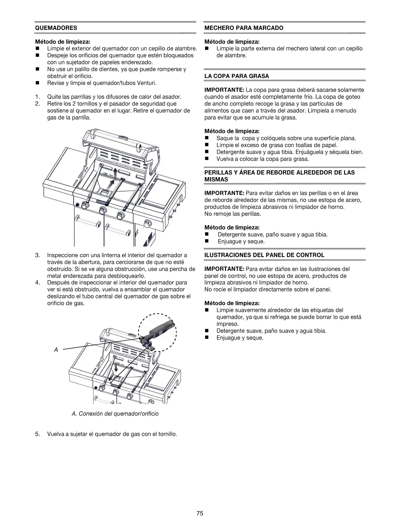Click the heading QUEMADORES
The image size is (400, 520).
pos(56,28)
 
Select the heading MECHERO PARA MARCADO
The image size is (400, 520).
pos(243,28)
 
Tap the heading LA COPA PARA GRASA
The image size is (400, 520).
pos(237,76)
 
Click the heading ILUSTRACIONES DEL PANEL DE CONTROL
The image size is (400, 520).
pos(264,255)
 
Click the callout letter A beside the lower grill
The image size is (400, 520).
pos(56,350)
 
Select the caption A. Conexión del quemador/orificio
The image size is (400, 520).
pos(115,414)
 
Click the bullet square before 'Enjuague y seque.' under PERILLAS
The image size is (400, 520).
pos(207,241)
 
